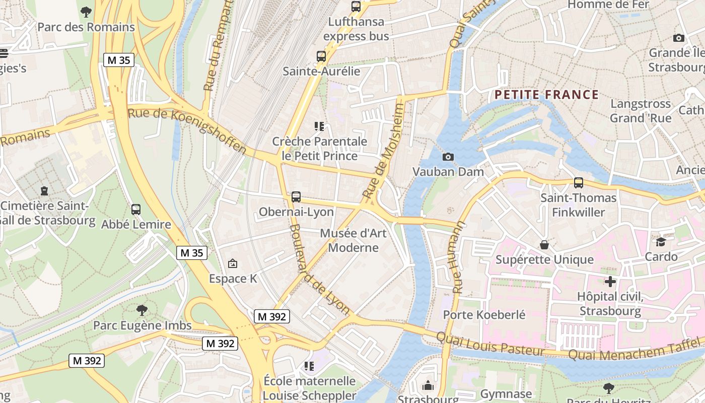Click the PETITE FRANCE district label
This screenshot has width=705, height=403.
pyautogui.click(x=546, y=95)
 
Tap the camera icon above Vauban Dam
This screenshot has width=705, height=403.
pyautogui.click(x=448, y=157)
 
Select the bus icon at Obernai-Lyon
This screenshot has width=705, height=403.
pyautogui.click(x=296, y=197)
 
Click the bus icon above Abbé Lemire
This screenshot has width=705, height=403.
pyautogui.click(x=136, y=210)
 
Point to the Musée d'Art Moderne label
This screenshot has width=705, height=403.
pyautogui.click(x=349, y=241)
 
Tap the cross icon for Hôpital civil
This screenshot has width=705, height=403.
pyautogui.click(x=610, y=282)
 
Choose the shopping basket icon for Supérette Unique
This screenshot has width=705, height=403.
pyautogui.click(x=544, y=245)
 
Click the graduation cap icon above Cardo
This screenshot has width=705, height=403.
pyautogui.click(x=661, y=242)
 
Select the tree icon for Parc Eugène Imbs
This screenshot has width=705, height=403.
pyautogui.click(x=142, y=310)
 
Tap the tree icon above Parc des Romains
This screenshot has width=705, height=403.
pyautogui.click(x=86, y=12)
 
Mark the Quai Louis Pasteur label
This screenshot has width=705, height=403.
pyautogui.click(x=489, y=344)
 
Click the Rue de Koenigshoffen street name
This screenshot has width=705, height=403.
pyautogui.click(x=187, y=130)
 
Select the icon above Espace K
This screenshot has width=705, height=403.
pyautogui.click(x=233, y=263)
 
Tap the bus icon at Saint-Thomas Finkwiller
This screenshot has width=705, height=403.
pyautogui.click(x=578, y=183)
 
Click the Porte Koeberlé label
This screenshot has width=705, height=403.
pyautogui.click(x=484, y=315)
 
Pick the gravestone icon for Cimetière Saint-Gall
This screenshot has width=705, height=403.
pyautogui.click(x=44, y=191)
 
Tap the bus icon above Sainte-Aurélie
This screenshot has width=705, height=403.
pyautogui.click(x=321, y=56)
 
